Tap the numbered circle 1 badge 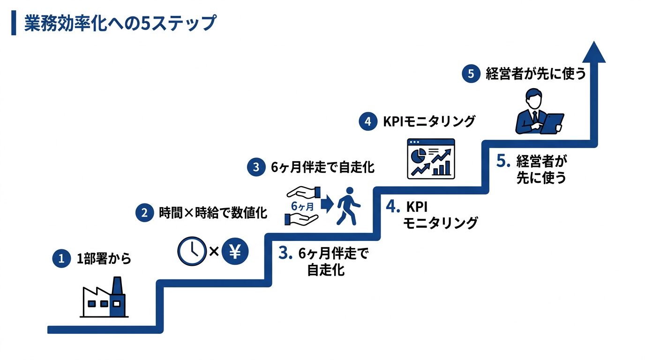pyautogui.click(x=61, y=258)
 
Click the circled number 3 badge pyautogui.click(x=256, y=167)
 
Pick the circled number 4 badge pyautogui.click(x=367, y=121)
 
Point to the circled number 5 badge pyautogui.click(x=471, y=74)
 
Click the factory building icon pyautogui.click(x=104, y=298)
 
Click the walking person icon pyautogui.click(x=349, y=206)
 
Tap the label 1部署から pyautogui.click(x=104, y=258)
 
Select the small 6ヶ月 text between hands pyautogui.click(x=302, y=206)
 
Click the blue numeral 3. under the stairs pyautogui.click(x=285, y=253)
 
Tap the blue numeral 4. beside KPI pyautogui.click(x=393, y=206)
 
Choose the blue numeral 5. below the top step pyautogui.click(x=503, y=161)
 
